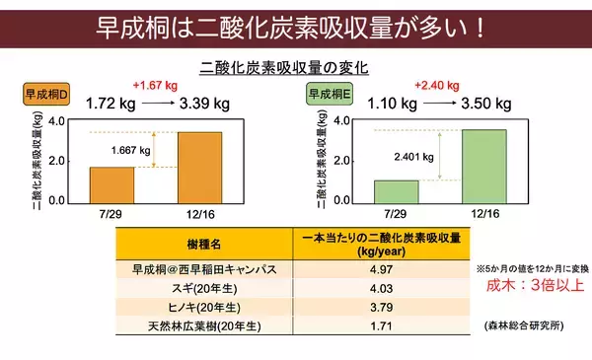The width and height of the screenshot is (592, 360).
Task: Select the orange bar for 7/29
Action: click(x=111, y=183)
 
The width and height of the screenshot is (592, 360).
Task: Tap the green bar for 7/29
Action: click(x=397, y=190)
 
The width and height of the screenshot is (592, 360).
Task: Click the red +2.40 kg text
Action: click(x=438, y=85)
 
